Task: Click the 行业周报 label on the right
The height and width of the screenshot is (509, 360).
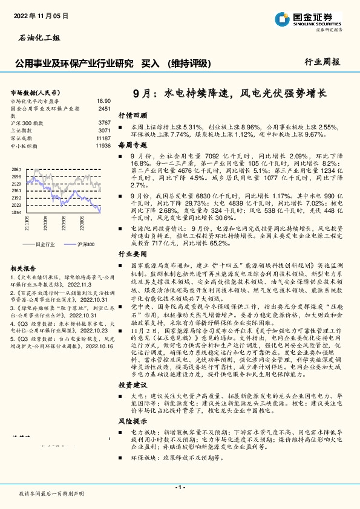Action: coord(322,62)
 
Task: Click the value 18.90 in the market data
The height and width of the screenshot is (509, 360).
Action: coord(104,101)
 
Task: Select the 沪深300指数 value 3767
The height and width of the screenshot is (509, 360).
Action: coord(104,123)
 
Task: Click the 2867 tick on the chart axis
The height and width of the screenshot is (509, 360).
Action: coord(16,169)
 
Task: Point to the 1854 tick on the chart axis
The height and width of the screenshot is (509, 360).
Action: coord(16,213)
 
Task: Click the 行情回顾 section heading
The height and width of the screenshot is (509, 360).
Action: coord(133,114)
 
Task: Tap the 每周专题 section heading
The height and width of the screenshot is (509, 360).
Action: coord(133,146)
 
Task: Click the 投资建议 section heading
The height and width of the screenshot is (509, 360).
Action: coord(133,368)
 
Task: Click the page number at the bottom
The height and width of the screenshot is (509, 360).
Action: coord(180,487)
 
